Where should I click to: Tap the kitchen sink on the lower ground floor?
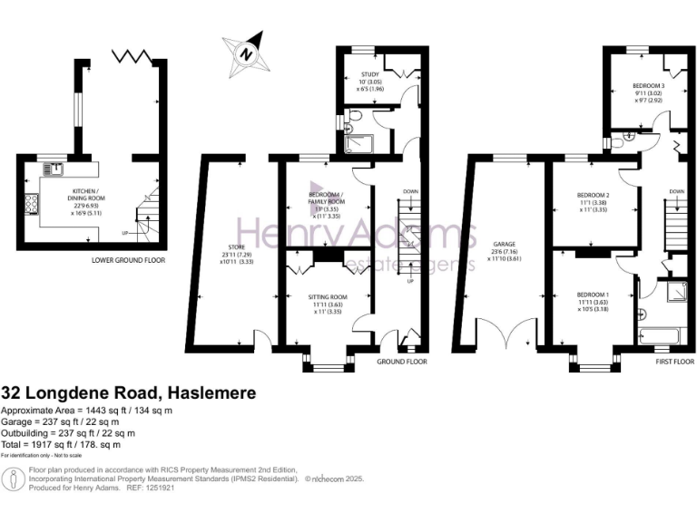(56, 168)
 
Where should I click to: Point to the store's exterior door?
(263, 341)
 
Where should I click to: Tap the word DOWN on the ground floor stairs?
(410, 192)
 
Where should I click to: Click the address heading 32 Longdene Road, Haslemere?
(128, 393)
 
